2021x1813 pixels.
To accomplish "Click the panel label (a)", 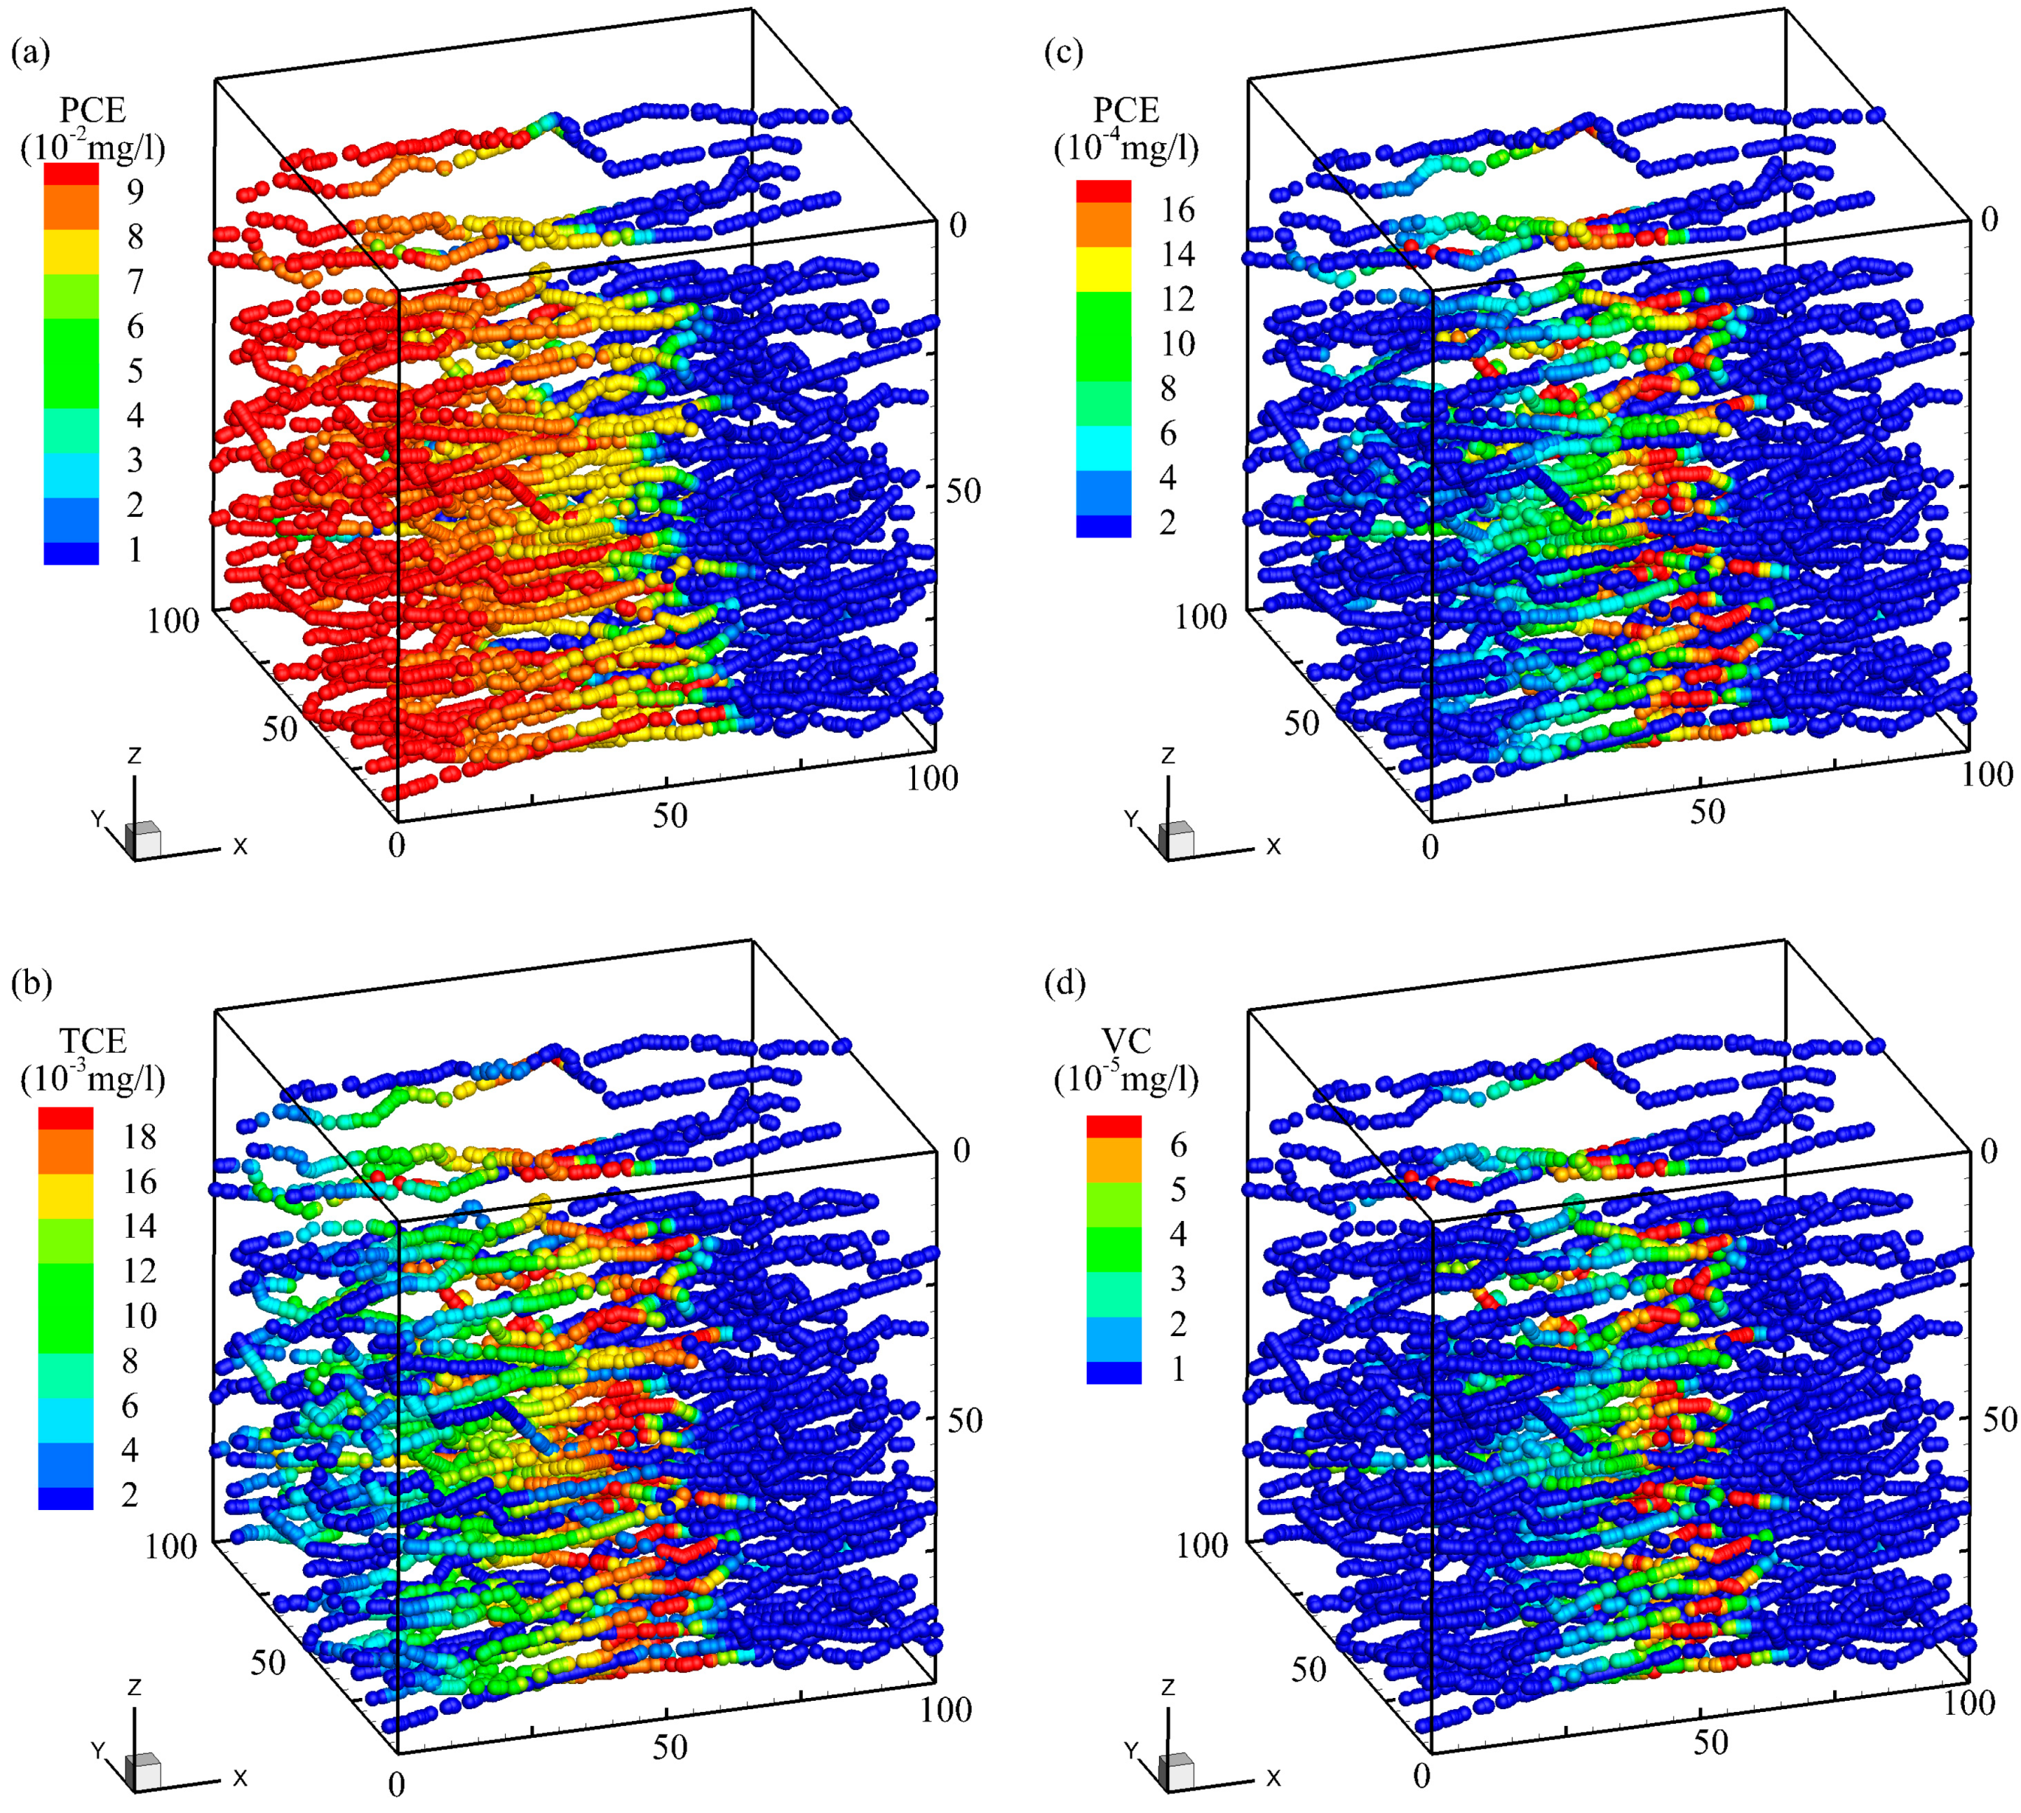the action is point(30,52).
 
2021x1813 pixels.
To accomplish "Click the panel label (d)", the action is point(1064,983).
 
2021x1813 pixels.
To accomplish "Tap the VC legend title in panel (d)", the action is point(1126,1041).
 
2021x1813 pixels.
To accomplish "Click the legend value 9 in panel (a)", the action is point(135,191).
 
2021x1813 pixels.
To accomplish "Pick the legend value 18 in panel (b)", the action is point(140,1137).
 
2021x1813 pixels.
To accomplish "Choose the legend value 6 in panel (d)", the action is point(1177,1145).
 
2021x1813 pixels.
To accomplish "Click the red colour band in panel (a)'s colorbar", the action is point(71,175).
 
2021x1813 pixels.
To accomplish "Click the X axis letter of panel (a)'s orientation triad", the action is point(240,847).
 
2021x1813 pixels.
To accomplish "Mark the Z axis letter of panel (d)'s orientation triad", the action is point(1168,1687).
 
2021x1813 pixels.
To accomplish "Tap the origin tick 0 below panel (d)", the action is point(1421,1774).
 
